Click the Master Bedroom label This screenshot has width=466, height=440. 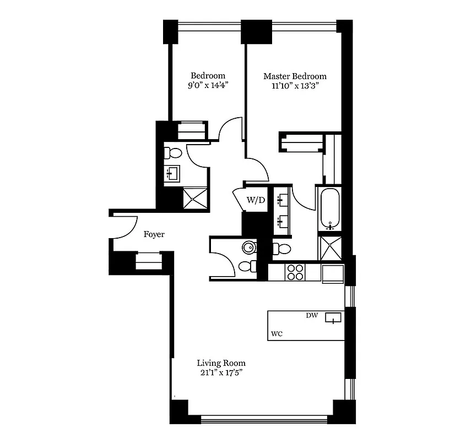click(295, 76)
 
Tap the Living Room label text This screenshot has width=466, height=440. click(221, 363)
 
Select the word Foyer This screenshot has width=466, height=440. click(154, 234)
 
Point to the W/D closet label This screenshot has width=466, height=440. click(256, 200)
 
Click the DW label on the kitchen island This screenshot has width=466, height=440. click(312, 316)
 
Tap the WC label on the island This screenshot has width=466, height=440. click(277, 334)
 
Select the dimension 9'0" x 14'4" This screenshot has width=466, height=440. click(208, 85)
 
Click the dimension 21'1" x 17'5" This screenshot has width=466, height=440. click(221, 373)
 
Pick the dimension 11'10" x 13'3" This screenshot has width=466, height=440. click(295, 86)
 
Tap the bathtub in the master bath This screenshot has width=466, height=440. click(330, 209)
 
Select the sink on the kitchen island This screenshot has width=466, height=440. click(333, 317)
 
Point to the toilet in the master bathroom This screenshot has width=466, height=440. click(281, 248)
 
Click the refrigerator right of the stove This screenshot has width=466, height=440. click(333, 273)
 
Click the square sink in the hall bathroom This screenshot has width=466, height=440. click(172, 174)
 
